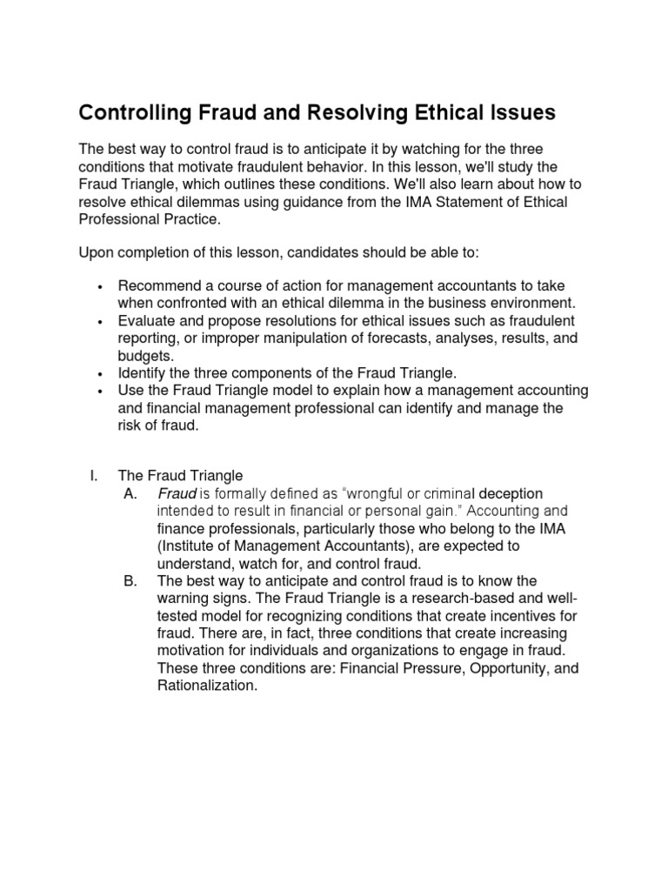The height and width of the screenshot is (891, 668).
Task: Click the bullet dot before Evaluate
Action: coord(102,322)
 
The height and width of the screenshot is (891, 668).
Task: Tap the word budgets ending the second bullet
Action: coord(144,355)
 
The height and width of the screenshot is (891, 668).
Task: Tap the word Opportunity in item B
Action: coord(487,667)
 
